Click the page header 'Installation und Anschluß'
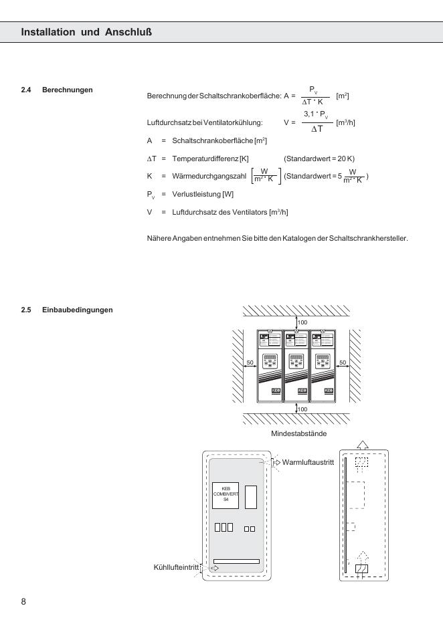click(90, 31)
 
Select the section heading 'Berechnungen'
click(67, 90)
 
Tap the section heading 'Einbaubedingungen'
click(77, 310)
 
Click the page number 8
click(23, 601)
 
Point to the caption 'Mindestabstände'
click(298, 434)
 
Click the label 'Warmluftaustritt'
click(308, 462)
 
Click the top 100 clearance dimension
click(302, 322)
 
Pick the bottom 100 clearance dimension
click(302, 409)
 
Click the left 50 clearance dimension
click(250, 362)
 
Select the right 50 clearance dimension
click(343, 362)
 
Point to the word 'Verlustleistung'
click(193, 194)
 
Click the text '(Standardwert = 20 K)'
click(319, 159)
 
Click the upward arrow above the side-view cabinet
click(362, 445)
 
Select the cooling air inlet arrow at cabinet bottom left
click(215, 568)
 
